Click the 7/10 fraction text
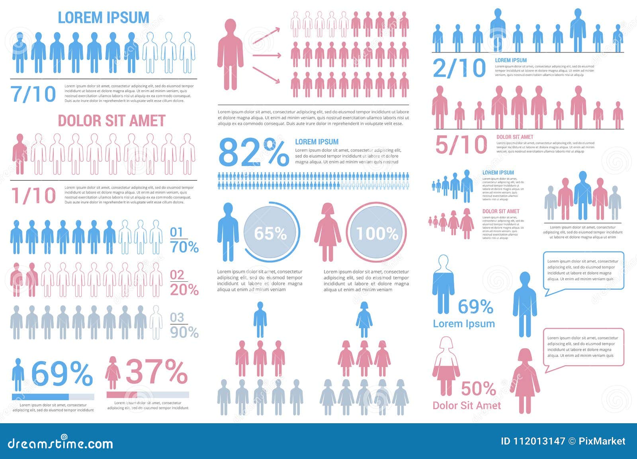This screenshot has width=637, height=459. pos(33,94)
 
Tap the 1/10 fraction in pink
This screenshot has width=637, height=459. pos(33,196)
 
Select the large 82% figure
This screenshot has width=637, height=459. pos(253,153)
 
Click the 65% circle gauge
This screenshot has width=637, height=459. pos(270,232)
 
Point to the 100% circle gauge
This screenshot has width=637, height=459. pos(377,232)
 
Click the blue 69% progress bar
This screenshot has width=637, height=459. pos(53,397)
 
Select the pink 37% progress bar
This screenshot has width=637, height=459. pos(147,395)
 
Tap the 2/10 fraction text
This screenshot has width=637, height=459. pos(459,68)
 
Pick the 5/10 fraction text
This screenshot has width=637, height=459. pos(461,145)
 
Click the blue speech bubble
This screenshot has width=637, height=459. pos(583,271)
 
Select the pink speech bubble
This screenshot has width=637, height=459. pos(583,347)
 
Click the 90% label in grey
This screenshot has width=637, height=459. pos(184,332)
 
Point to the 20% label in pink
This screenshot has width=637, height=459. pos(184,289)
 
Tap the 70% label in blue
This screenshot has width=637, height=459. pos(184,247)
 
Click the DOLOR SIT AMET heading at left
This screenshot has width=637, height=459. pos(111,121)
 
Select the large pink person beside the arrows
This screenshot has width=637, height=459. pos(230,55)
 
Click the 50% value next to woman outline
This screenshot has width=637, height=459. pos(478,388)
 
